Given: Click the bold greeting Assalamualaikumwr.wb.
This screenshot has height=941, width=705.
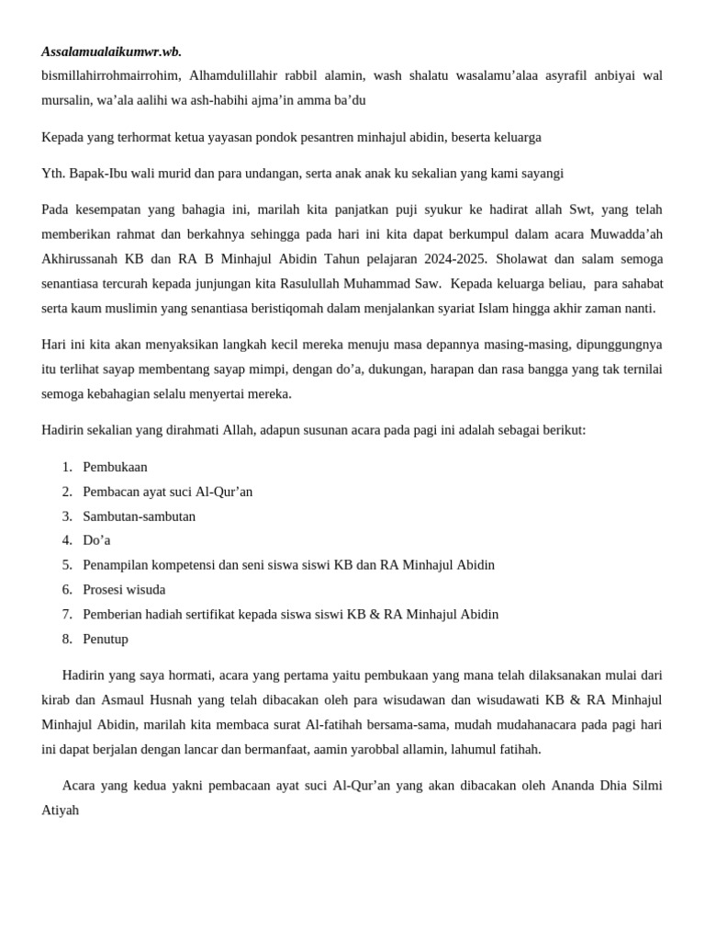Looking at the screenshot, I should tap(111, 51).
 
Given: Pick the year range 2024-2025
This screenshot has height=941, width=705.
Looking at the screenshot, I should tap(457, 258).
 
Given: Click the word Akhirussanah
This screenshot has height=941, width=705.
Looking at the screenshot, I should tap(80, 258).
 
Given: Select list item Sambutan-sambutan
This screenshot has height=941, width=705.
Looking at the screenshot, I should tap(139, 516).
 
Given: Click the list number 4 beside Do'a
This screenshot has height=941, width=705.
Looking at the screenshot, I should tap(67, 540).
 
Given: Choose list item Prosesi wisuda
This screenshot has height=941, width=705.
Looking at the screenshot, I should tap(124, 589).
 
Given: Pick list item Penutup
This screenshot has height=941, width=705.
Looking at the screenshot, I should tap(106, 639).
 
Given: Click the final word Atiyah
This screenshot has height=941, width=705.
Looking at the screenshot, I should tap(61, 810).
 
